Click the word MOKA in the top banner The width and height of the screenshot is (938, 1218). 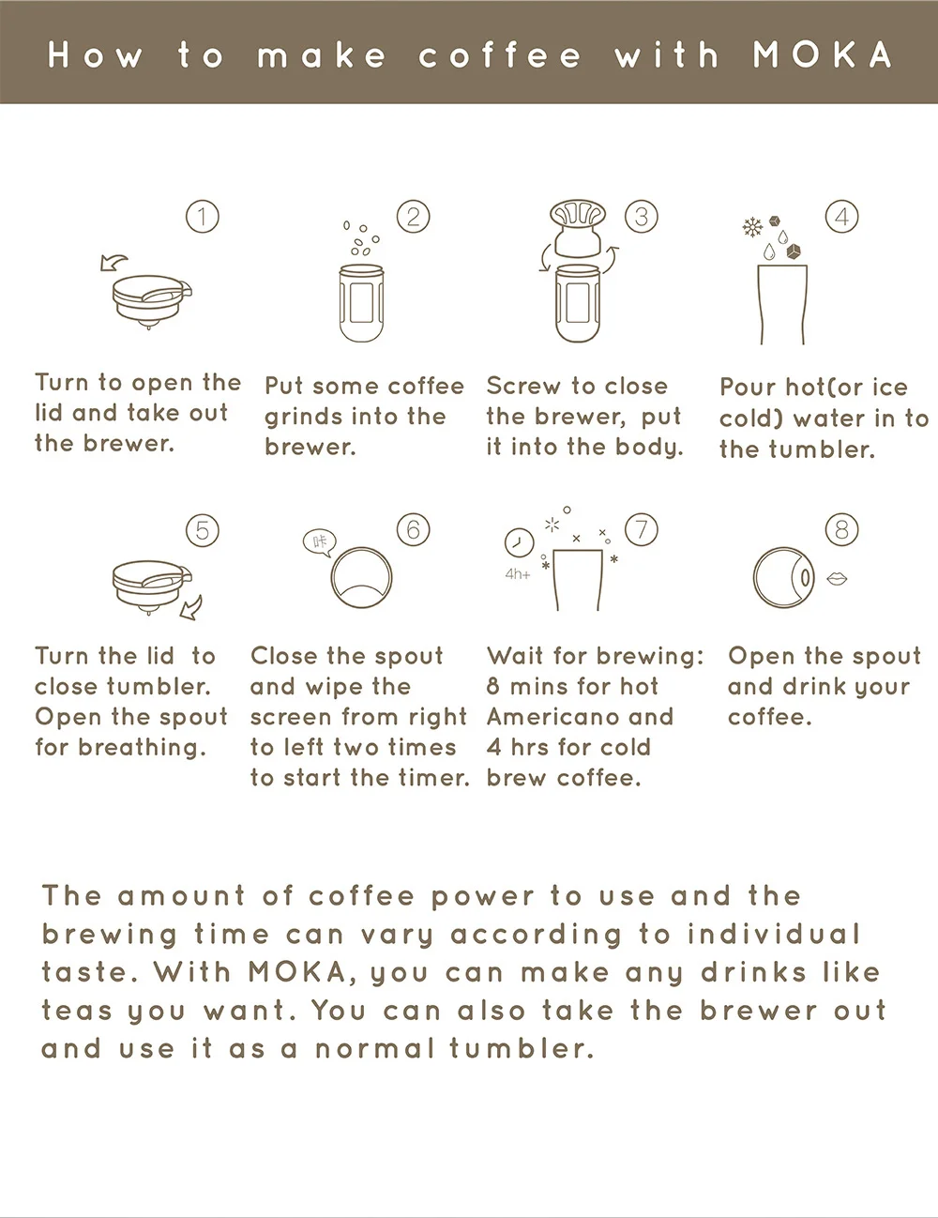click(x=823, y=55)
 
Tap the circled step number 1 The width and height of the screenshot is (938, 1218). click(x=203, y=217)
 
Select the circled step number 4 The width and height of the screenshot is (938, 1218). click(x=841, y=217)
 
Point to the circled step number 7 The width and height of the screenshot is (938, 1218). click(x=641, y=529)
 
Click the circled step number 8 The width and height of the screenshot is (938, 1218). click(x=841, y=529)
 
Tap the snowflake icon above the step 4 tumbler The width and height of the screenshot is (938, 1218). click(x=751, y=227)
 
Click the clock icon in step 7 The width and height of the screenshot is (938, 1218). click(x=519, y=542)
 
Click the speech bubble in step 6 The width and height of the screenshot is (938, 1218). click(x=320, y=541)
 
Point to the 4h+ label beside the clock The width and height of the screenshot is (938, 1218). click(x=518, y=573)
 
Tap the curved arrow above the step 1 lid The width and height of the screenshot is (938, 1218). click(x=115, y=260)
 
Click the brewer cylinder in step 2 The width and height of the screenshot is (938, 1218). click(x=361, y=303)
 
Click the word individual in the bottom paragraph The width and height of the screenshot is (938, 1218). click(x=773, y=935)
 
